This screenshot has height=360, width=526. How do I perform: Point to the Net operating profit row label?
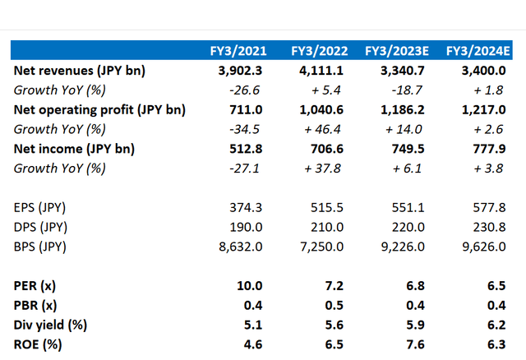(99, 109)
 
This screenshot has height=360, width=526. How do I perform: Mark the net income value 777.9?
(482, 149)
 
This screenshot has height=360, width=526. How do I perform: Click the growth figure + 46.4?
(324, 129)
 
